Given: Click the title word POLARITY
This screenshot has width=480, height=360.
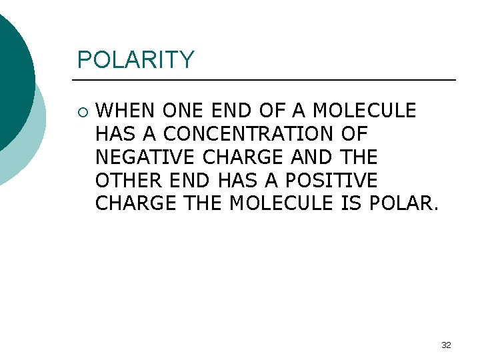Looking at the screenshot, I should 135,60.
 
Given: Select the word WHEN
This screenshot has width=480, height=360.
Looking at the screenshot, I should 126,110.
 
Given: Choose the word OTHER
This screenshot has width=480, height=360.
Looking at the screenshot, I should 129,181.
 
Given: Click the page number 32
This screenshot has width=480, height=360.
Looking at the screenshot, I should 446,345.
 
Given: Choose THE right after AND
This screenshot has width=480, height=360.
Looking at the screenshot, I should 358,157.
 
